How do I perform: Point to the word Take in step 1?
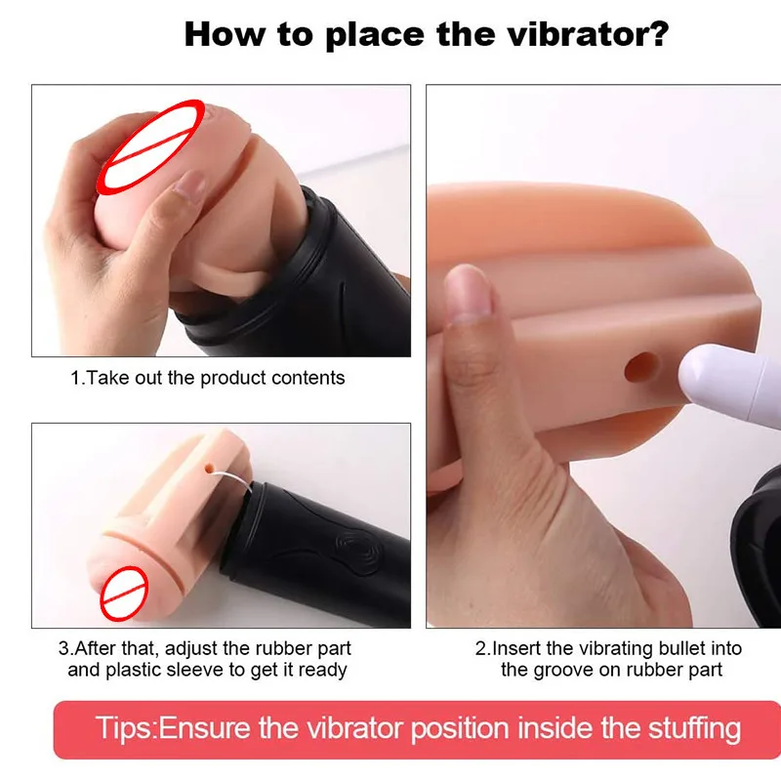[x=106, y=378]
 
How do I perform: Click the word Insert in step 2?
[x=517, y=648]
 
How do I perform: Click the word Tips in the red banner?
[x=124, y=728]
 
